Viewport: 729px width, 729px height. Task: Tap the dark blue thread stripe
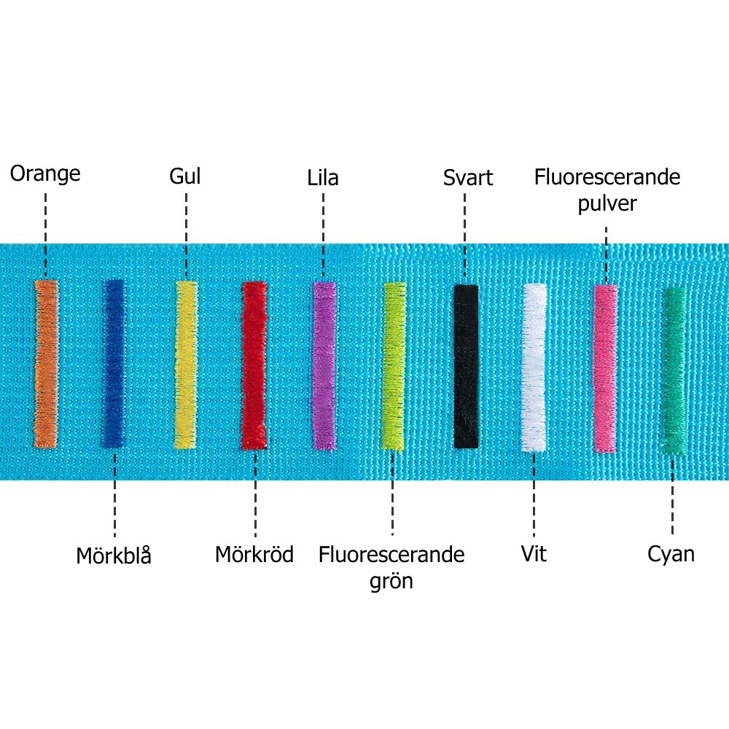click(x=113, y=363)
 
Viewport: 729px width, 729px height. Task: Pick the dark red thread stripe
click(x=254, y=364)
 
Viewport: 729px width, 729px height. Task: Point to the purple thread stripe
click(x=324, y=364)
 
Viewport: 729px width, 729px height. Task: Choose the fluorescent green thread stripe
click(x=394, y=366)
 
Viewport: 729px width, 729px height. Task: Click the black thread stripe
click(x=466, y=366)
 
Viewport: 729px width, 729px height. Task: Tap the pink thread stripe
click(x=605, y=368)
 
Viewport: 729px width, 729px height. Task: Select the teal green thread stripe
click(x=674, y=370)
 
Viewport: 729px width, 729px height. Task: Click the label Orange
click(x=45, y=174)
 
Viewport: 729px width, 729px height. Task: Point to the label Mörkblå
click(x=114, y=555)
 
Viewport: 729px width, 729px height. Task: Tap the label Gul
click(x=184, y=176)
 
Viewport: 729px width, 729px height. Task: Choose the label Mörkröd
click(x=254, y=555)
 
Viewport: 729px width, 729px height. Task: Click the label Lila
click(x=323, y=178)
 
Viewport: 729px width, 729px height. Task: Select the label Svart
click(x=468, y=178)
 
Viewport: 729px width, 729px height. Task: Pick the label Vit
click(x=534, y=554)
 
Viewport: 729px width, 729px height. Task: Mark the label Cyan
click(x=671, y=555)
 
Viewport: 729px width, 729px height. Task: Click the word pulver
click(x=607, y=203)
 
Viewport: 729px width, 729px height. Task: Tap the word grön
click(x=391, y=582)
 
